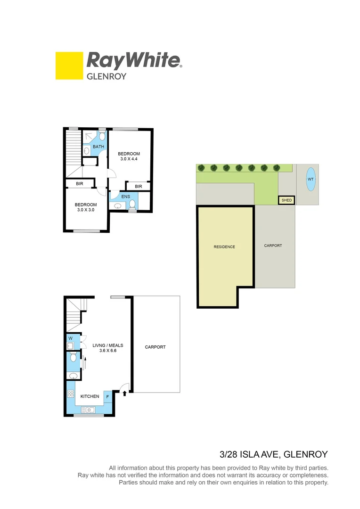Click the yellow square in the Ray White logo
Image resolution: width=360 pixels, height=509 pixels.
(x=69, y=66)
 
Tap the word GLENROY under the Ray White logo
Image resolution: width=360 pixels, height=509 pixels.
(x=106, y=76)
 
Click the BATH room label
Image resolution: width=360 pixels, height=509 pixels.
(x=98, y=147)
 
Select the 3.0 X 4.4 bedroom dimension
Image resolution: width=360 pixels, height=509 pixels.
(x=129, y=159)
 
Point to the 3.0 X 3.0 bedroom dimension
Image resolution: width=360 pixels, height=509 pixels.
(x=86, y=210)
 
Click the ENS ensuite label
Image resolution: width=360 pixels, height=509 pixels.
(x=125, y=197)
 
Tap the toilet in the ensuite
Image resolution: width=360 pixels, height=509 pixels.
(x=133, y=204)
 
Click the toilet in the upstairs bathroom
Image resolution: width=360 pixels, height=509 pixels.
(x=102, y=137)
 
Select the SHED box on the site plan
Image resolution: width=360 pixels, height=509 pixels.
(x=286, y=200)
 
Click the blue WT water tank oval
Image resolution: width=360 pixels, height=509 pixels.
(x=310, y=179)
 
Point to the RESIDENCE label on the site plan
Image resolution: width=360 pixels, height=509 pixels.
(x=224, y=247)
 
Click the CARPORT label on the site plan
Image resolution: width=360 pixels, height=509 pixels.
(x=273, y=246)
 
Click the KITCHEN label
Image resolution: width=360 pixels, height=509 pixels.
(x=90, y=396)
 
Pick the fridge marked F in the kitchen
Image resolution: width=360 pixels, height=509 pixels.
(x=107, y=396)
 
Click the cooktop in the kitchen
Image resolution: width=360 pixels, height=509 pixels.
(x=71, y=394)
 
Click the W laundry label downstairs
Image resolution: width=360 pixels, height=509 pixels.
(x=70, y=338)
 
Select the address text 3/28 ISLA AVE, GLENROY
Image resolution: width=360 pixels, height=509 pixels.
(x=273, y=455)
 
